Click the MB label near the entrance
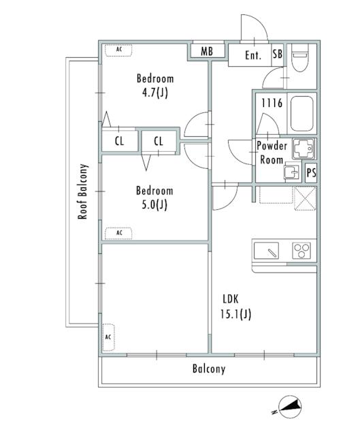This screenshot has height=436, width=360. [206, 52]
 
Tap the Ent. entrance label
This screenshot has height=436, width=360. [254, 56]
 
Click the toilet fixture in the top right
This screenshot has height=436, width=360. [299, 62]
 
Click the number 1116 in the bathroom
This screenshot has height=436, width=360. [271, 102]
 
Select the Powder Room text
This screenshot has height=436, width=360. [272, 153]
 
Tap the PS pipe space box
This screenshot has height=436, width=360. [311, 173]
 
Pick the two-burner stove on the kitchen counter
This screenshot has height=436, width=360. [301, 251]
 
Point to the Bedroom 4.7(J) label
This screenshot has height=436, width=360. [154, 85]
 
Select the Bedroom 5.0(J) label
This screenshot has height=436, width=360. [154, 198]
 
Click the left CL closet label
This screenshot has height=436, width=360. [119, 142]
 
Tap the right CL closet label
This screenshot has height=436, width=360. [158, 142]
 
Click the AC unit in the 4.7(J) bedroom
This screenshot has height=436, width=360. [119, 50]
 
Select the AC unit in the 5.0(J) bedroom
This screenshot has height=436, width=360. [119, 232]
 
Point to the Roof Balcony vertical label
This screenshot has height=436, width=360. [83, 191]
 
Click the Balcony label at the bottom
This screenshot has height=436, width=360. [208, 370]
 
